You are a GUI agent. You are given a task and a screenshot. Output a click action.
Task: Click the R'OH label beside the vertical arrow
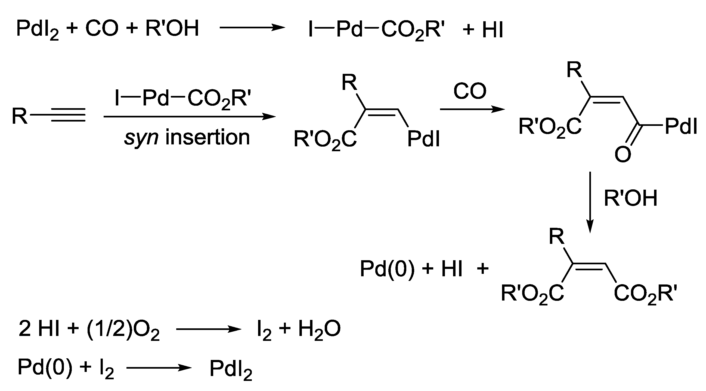click(x=630, y=198)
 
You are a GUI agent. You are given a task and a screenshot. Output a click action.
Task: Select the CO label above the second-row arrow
click(x=470, y=91)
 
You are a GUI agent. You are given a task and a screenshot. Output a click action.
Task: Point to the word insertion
click(x=208, y=137)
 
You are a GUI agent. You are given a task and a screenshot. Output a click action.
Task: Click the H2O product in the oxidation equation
click(x=319, y=329)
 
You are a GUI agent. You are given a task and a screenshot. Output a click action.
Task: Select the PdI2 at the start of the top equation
click(x=37, y=29)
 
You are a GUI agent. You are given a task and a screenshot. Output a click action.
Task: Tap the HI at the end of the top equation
click(x=493, y=29)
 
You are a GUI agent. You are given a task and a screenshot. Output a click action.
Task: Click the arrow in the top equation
click(x=252, y=28)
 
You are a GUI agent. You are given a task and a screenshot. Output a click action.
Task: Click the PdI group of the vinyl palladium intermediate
click(x=424, y=139)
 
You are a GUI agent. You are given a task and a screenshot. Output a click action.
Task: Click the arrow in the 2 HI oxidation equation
click(x=208, y=329)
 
